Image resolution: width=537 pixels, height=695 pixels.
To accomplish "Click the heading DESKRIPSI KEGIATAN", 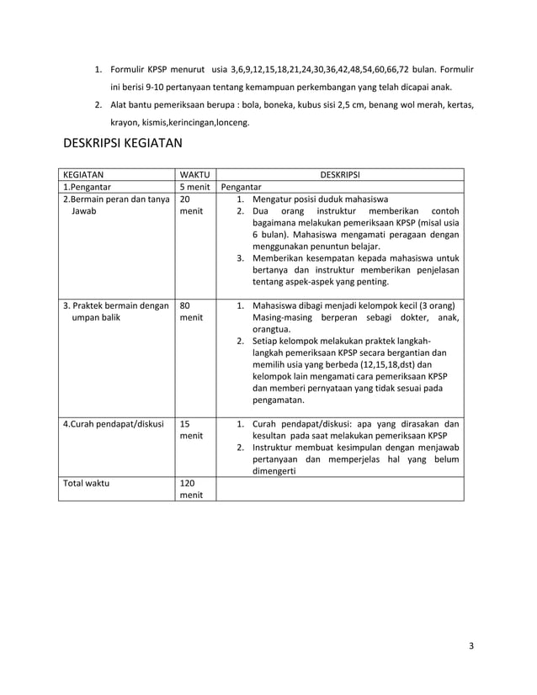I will [123, 144].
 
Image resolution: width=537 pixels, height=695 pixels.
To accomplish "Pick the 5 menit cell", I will [194, 188].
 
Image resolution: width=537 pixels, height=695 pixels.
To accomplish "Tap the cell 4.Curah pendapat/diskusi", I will [114, 424].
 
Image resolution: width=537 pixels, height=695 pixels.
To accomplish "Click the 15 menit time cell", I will [191, 431].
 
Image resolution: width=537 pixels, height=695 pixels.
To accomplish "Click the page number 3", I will [471, 646].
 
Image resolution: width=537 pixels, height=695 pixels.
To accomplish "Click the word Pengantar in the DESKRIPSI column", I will [242, 188].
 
